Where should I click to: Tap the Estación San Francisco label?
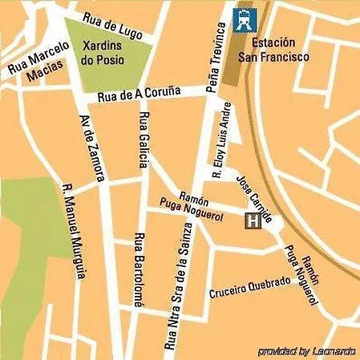tap(279, 50)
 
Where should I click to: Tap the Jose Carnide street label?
tap(257, 198)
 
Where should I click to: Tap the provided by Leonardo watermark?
tap(307, 351)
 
